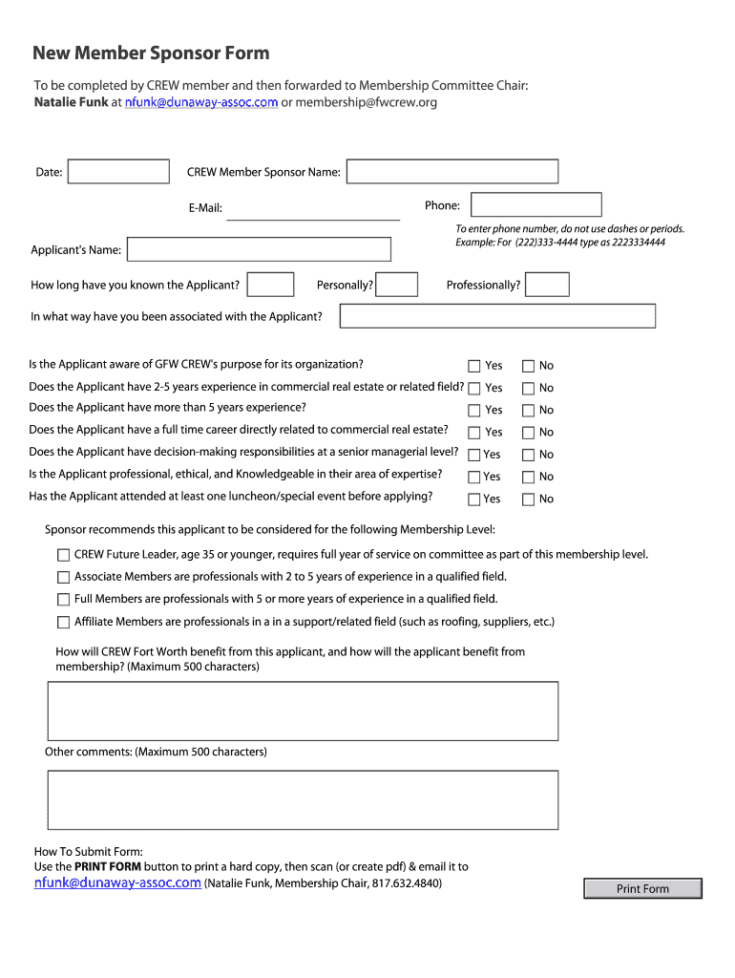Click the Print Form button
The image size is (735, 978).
642,889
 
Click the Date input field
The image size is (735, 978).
118,172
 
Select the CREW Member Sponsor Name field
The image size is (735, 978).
451,172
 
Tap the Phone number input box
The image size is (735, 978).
536,205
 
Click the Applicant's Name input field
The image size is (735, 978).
259,249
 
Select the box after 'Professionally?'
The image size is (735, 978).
547,285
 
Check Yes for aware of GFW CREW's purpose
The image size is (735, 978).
474,366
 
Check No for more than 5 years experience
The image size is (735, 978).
528,411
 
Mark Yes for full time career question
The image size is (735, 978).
474,433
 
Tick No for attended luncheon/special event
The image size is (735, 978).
528,499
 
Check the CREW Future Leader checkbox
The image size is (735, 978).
64,555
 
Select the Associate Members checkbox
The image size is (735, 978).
64,577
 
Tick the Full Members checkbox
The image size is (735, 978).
64,600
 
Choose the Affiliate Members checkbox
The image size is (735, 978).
64,623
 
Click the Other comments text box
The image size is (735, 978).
303,800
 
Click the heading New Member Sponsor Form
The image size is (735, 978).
151,53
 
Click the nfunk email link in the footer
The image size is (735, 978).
117,883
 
